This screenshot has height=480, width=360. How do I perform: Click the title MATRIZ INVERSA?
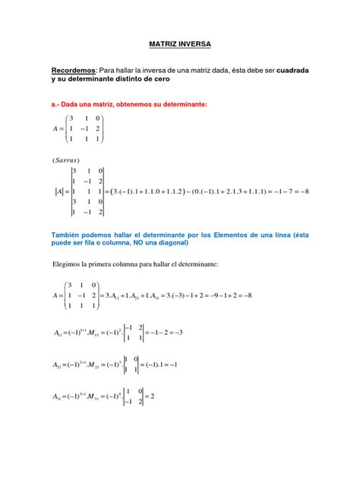click(179, 45)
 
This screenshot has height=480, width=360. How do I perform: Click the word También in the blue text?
click(70, 235)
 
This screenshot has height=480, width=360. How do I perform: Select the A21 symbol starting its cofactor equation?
click(58, 364)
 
